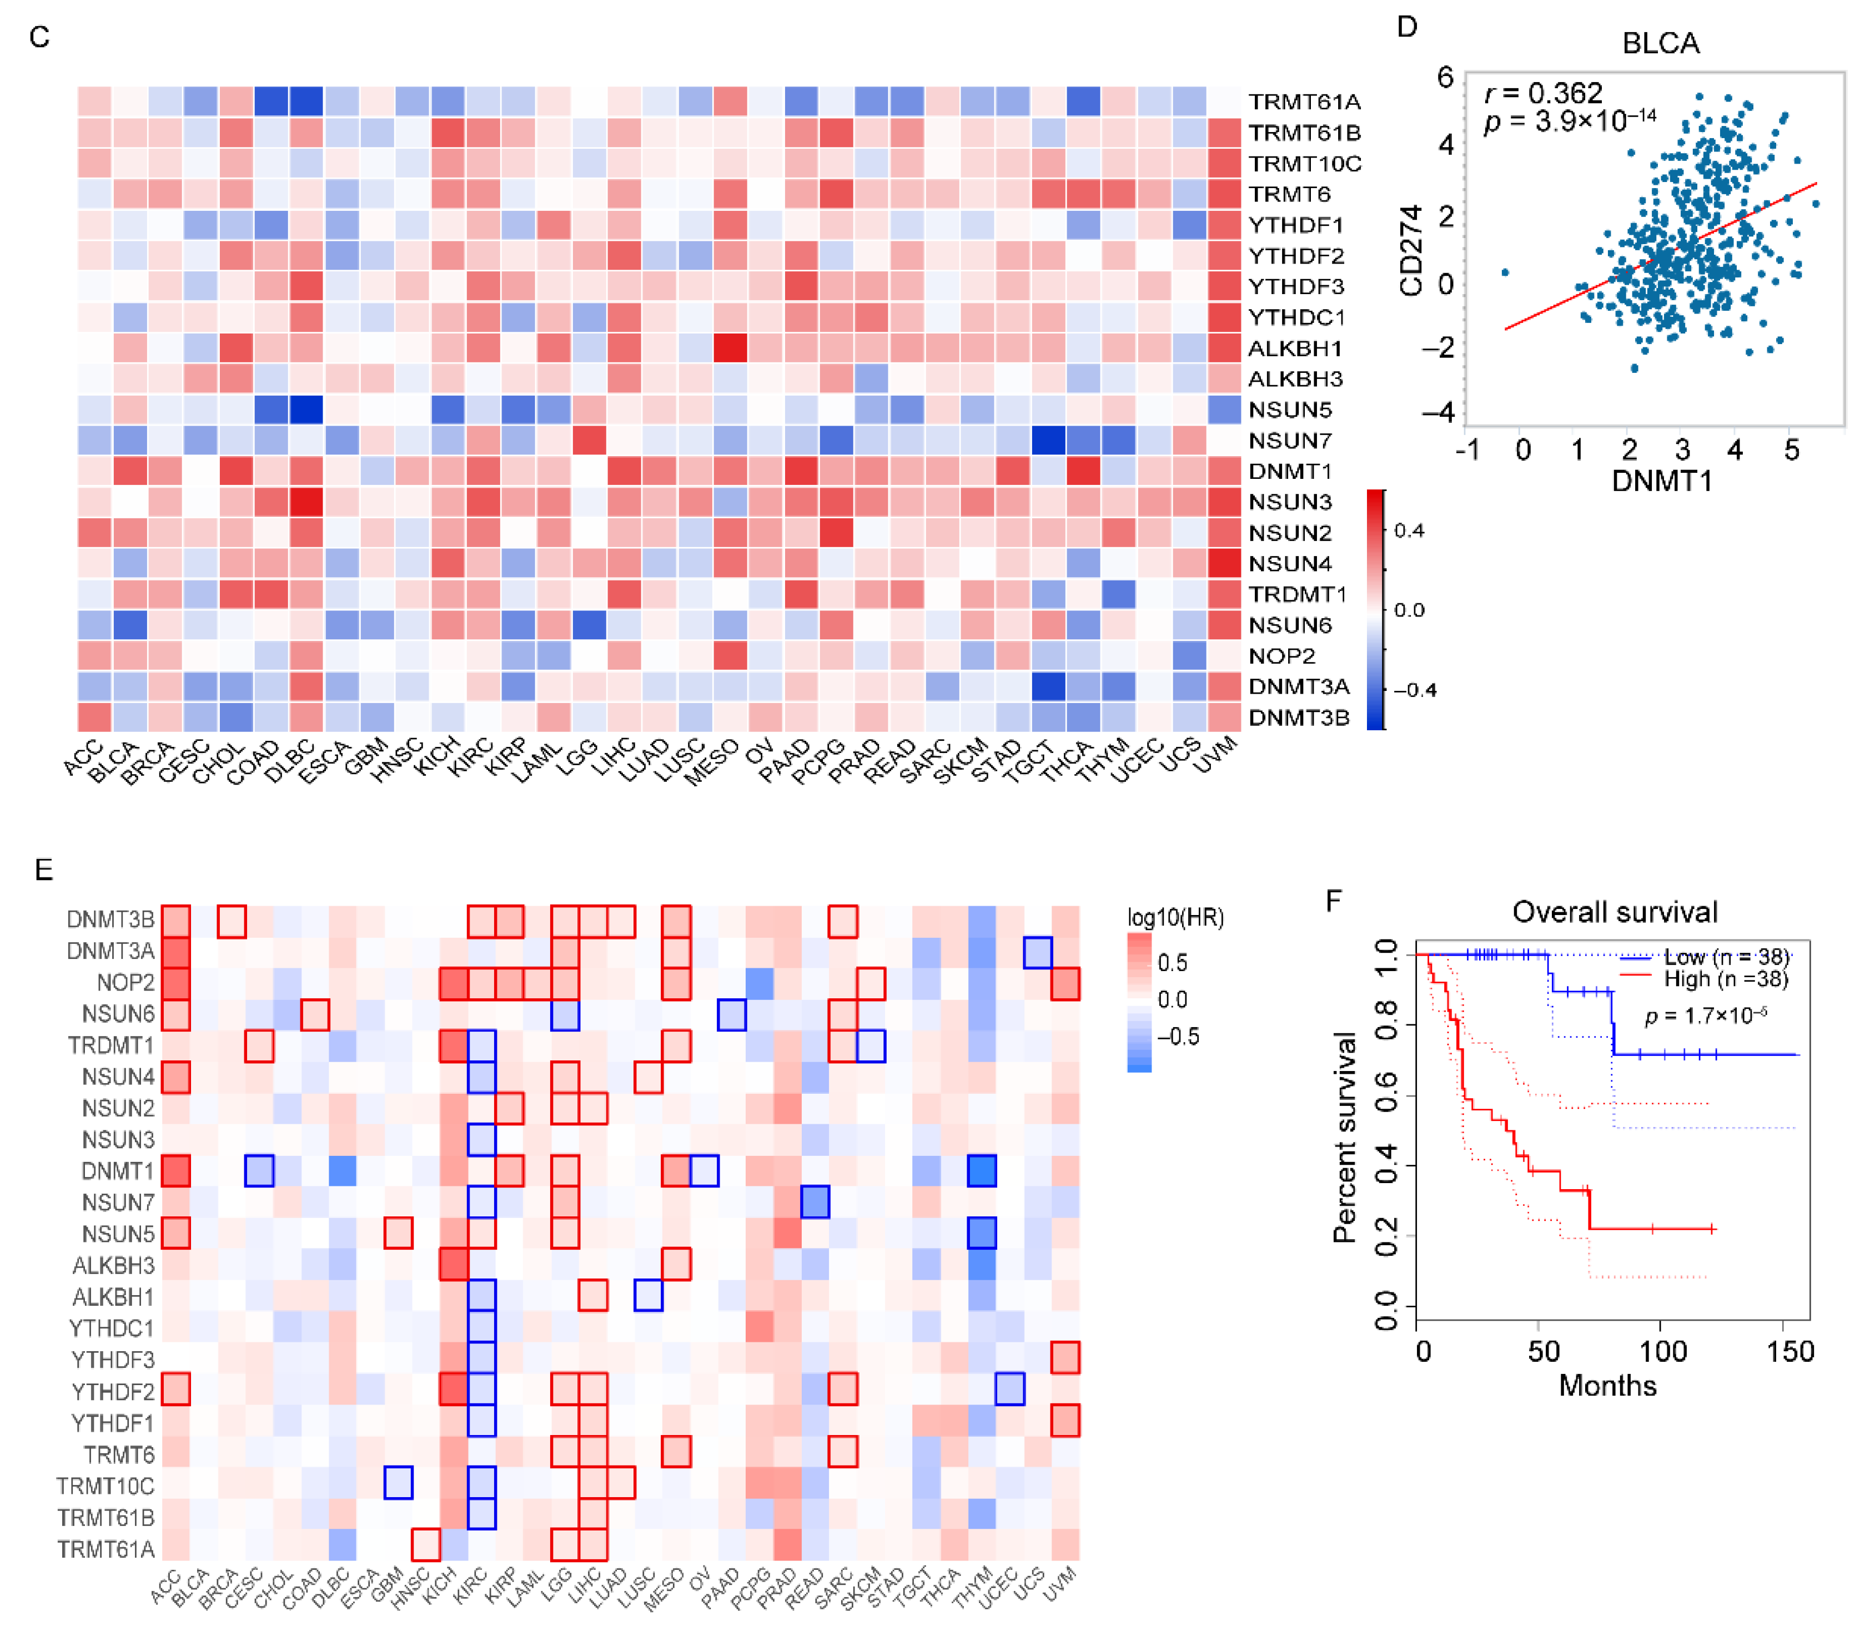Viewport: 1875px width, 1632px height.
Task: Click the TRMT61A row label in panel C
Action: [x=1303, y=101]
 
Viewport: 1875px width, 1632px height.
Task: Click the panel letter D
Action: [x=1407, y=27]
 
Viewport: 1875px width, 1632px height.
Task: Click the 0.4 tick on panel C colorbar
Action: [x=1409, y=531]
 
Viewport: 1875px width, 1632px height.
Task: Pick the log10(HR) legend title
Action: [x=1175, y=918]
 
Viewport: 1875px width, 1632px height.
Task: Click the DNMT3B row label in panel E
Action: [x=110, y=920]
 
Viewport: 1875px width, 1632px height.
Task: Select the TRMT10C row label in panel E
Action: [x=105, y=1486]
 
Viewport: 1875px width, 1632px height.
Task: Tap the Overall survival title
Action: [x=1615, y=912]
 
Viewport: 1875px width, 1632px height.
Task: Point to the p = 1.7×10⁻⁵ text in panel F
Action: [x=1706, y=1017]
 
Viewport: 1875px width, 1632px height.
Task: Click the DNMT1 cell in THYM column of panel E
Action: [x=981, y=1170]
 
